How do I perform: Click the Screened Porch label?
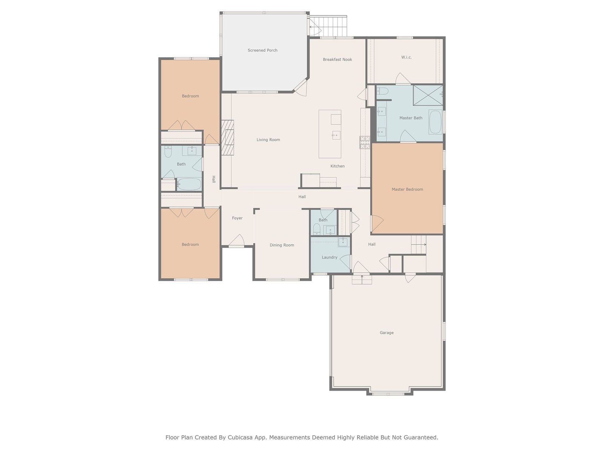(262, 50)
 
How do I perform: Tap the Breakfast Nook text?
(337, 59)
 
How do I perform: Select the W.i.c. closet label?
(406, 57)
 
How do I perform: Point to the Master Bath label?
(411, 118)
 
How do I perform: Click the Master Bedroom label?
(407, 189)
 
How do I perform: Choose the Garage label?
(387, 333)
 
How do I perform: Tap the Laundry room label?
(330, 257)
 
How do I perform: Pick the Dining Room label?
(282, 245)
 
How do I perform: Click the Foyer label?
(237, 218)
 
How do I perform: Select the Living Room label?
(268, 140)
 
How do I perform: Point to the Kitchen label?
(337, 166)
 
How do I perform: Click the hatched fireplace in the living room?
(228, 137)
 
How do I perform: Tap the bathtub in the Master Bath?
(435, 122)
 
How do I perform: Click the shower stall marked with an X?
(428, 95)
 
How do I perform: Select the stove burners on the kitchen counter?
(365, 142)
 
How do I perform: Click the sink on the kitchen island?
(336, 135)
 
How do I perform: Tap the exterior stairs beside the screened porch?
(328, 26)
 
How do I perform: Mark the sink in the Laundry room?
(343, 242)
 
